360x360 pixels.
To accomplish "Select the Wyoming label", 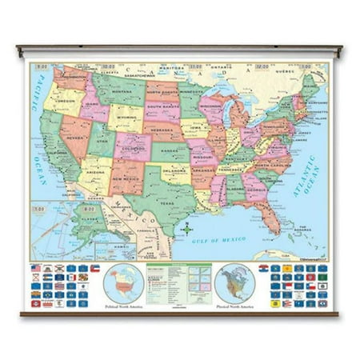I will pos(121,122).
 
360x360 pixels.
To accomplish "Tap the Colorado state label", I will pos(126,148).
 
